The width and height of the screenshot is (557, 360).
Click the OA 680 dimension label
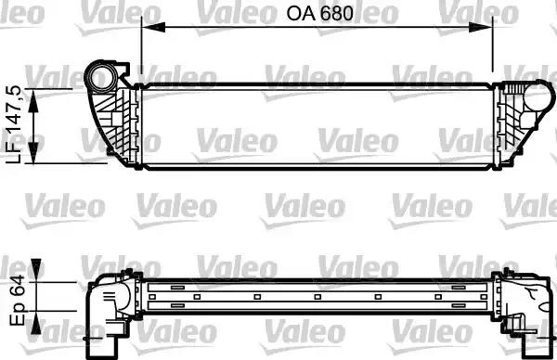pos(315,15)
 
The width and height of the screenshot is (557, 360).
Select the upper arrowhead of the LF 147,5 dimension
pos(36,95)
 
